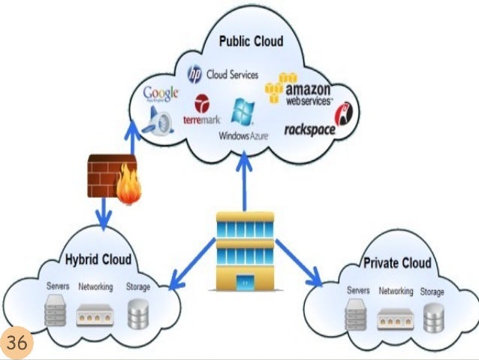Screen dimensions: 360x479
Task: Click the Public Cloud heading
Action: coord(251,41)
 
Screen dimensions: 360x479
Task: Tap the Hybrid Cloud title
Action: coord(98,260)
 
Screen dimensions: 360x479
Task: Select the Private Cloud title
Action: coord(397,263)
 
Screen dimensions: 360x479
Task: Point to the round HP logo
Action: coord(194,74)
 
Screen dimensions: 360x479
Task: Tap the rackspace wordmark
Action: coord(309,129)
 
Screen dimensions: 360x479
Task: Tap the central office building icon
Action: coord(245,251)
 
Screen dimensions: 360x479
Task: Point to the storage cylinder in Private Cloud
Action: coord(432,318)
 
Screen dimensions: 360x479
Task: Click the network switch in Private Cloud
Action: coord(395,319)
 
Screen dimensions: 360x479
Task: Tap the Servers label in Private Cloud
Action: coord(358,291)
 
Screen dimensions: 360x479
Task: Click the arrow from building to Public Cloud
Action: coord(244,180)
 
